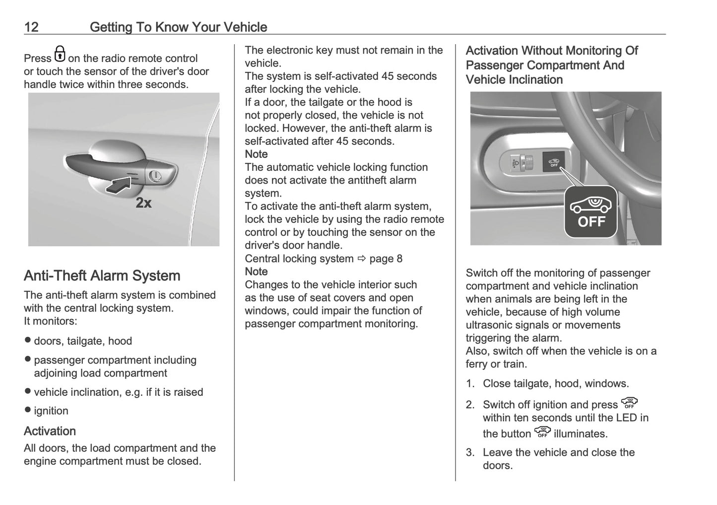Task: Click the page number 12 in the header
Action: [x=31, y=27]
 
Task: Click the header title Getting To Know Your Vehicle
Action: [x=178, y=27]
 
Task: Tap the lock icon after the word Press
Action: [x=60, y=54]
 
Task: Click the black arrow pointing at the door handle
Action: [x=119, y=185]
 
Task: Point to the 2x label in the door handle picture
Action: [x=143, y=203]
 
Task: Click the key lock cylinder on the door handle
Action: [x=154, y=175]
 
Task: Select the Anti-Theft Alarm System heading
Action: [x=102, y=276]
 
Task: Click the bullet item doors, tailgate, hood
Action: [x=82, y=341]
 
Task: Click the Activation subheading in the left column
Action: [x=50, y=431]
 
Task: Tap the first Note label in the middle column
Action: [x=256, y=154]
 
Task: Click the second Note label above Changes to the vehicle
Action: [x=256, y=272]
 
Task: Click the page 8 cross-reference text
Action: [x=386, y=259]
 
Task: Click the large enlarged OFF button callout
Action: [x=590, y=212]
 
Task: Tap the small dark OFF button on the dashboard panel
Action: [x=553, y=162]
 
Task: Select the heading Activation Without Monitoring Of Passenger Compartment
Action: [x=551, y=65]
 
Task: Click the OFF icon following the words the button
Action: [x=542, y=433]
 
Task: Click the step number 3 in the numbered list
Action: [x=470, y=452]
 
